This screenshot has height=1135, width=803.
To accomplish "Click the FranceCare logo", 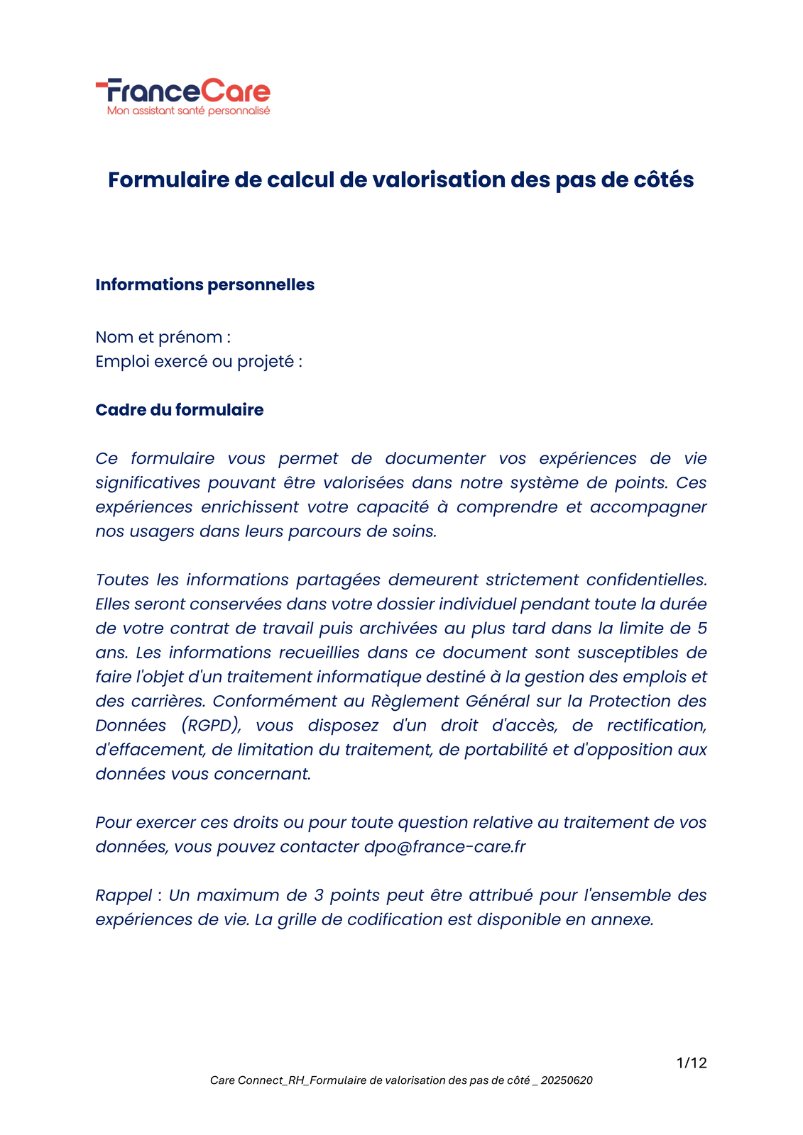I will tap(183, 92).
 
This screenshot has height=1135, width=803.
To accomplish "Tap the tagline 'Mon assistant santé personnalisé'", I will tap(188, 111).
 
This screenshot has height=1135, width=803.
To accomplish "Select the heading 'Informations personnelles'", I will tap(204, 284).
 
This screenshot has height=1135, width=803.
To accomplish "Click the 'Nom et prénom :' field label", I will tap(163, 337).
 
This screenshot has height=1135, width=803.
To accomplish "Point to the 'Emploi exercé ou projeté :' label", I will tap(199, 362).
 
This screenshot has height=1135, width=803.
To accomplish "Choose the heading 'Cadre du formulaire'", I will tap(179, 410).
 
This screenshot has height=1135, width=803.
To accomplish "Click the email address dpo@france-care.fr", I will tap(444, 847).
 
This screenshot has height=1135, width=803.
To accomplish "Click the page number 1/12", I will tap(692, 1063).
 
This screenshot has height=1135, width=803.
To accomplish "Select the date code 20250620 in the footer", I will tap(567, 1080).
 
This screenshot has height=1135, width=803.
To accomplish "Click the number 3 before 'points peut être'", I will tap(319, 895).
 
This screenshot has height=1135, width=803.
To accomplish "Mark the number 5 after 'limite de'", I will tap(702, 629).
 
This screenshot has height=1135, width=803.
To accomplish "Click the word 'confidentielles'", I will tap(646, 580).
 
